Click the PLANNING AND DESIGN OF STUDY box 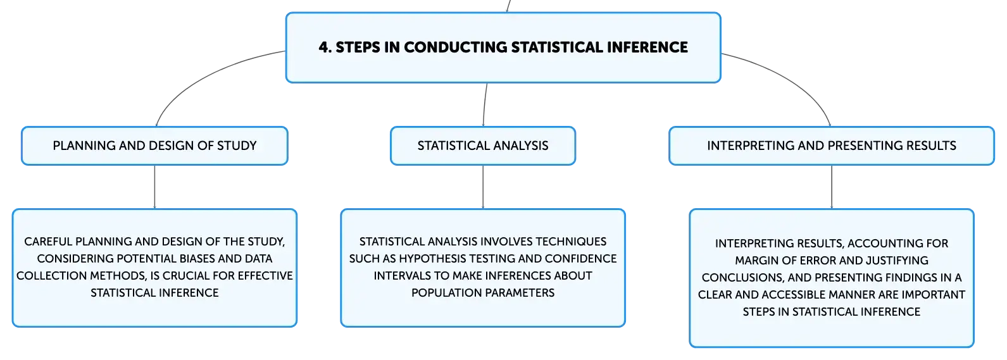(154, 146)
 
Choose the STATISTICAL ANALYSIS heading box (483, 146)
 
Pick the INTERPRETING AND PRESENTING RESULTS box (831, 146)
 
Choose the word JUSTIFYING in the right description (898, 260)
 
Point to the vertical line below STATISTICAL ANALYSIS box (483, 187)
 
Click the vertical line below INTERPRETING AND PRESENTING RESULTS (832, 187)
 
